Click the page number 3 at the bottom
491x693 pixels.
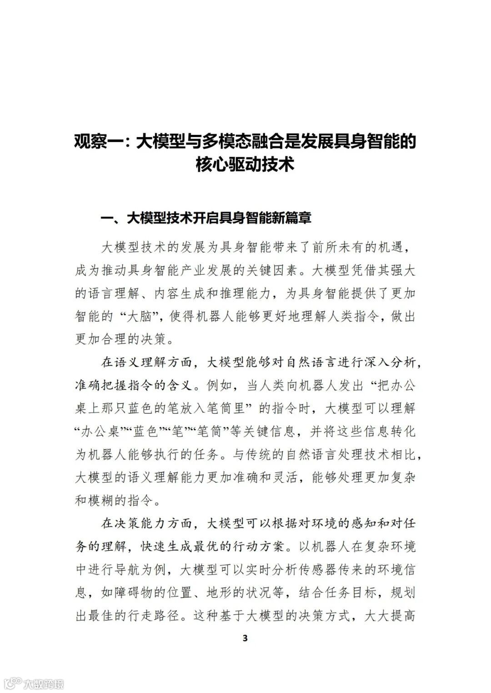click(x=245, y=638)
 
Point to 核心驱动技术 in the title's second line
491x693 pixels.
click(x=245, y=164)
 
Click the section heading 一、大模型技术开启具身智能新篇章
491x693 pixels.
click(x=206, y=218)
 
